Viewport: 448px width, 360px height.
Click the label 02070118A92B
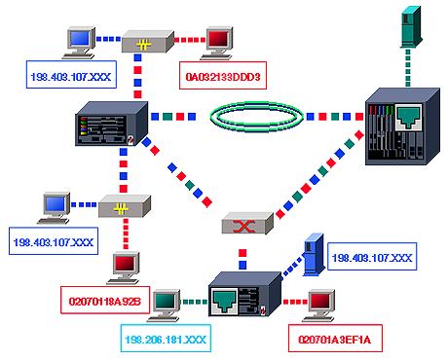(106, 303)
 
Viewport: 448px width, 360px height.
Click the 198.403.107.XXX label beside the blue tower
(372, 258)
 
